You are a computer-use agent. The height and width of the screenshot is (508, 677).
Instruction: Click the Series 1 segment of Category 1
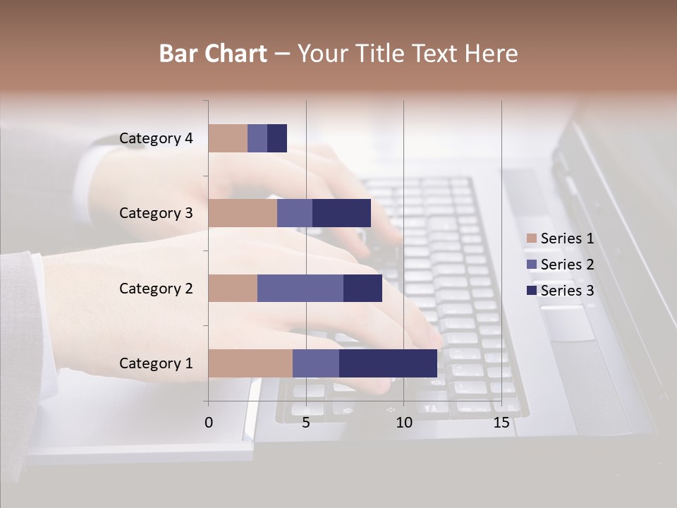(250, 363)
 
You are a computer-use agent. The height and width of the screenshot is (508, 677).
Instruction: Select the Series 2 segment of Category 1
(316, 363)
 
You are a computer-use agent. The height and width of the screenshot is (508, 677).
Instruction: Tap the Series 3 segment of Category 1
(388, 363)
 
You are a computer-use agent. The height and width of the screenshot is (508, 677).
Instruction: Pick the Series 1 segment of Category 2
(233, 288)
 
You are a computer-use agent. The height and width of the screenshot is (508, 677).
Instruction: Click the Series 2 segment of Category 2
(300, 288)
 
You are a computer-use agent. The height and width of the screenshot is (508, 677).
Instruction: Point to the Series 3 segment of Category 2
(362, 288)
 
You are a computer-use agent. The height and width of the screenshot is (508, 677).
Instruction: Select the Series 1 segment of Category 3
(243, 213)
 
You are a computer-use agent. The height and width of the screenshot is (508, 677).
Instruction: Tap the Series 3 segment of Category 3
(341, 213)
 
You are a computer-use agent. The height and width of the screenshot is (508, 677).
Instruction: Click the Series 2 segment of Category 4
(257, 138)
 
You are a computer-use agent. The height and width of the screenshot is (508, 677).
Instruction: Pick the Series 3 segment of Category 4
(277, 138)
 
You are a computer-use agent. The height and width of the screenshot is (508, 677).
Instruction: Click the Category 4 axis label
(156, 138)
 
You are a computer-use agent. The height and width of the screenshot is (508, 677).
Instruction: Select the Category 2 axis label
(156, 288)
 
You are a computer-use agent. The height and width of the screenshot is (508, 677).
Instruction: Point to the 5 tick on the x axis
(306, 423)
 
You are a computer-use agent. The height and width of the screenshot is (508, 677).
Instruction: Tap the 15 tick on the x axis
(501, 423)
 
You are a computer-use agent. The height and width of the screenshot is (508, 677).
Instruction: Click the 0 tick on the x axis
(209, 423)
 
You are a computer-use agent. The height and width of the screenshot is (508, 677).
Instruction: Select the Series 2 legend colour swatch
(531, 265)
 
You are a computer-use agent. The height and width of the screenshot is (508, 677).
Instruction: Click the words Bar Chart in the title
(213, 54)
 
